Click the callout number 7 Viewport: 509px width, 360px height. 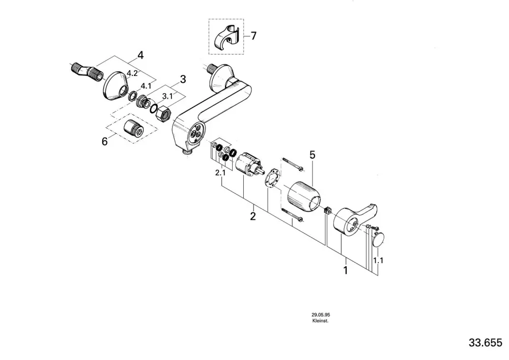point(253,36)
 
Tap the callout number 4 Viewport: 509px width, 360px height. point(140,56)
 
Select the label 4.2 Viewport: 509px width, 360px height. point(132,73)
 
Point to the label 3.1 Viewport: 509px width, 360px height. point(167,96)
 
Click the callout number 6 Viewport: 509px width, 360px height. point(104,142)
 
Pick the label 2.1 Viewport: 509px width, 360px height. point(220,173)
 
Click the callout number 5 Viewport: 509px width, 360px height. point(313,155)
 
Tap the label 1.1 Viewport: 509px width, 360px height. point(378,260)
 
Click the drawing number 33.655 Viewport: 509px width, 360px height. point(485,343)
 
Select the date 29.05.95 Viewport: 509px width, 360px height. point(321,315)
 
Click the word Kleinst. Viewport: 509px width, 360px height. point(320,321)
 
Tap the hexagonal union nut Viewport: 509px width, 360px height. point(163,114)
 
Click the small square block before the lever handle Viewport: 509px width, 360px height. point(327,210)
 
